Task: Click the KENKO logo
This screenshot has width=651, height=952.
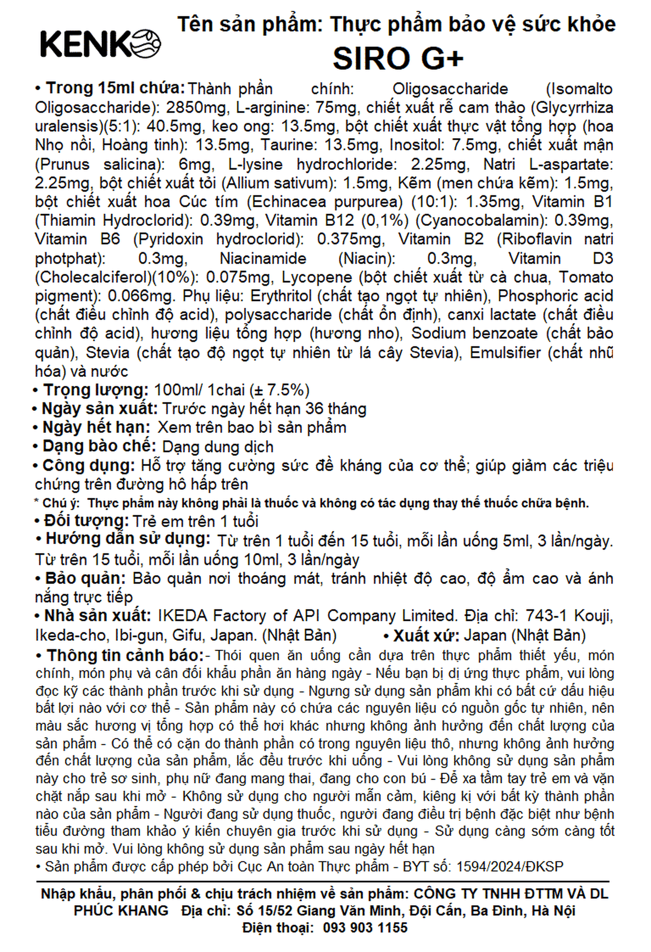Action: tap(100, 44)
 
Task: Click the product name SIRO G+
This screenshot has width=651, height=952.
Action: tap(398, 59)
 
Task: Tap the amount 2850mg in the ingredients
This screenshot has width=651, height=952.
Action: tap(196, 108)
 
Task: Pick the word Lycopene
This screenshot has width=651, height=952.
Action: tap(317, 277)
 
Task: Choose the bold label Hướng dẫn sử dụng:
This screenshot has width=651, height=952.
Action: tap(128, 539)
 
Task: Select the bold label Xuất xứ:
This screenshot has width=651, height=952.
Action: tap(426, 635)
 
